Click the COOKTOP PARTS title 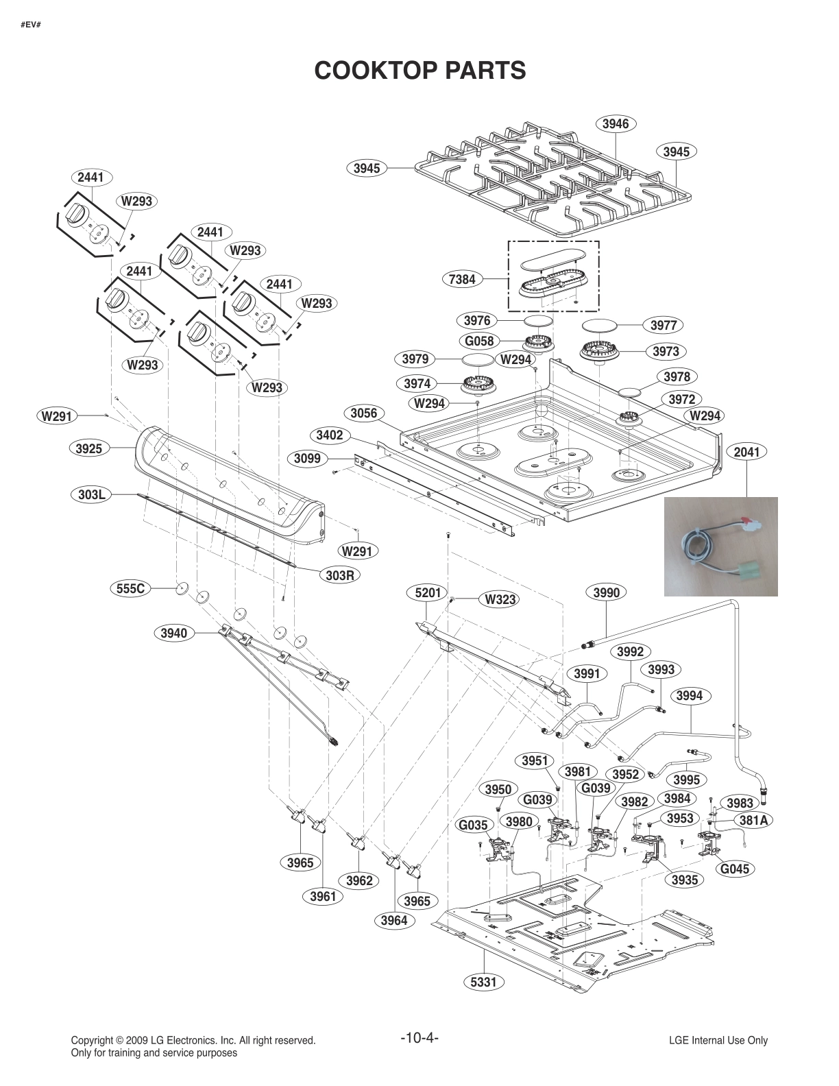pyautogui.click(x=419, y=70)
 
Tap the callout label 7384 pyautogui.click(x=463, y=280)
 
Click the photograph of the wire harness pyautogui.click(x=720, y=546)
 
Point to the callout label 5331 pyautogui.click(x=483, y=982)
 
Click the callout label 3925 pyautogui.click(x=88, y=449)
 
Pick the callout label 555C pyautogui.click(x=130, y=588)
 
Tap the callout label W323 pyautogui.click(x=500, y=599)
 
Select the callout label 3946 pyautogui.click(x=615, y=124)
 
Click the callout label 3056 pyautogui.click(x=363, y=413)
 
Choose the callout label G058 pyautogui.click(x=479, y=341)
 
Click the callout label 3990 pyautogui.click(x=606, y=592)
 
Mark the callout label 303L pyautogui.click(x=91, y=494)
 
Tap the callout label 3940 pyautogui.click(x=173, y=633)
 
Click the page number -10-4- pyautogui.click(x=419, y=1037)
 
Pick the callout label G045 pyautogui.click(x=734, y=869)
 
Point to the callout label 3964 pyautogui.click(x=395, y=921)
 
